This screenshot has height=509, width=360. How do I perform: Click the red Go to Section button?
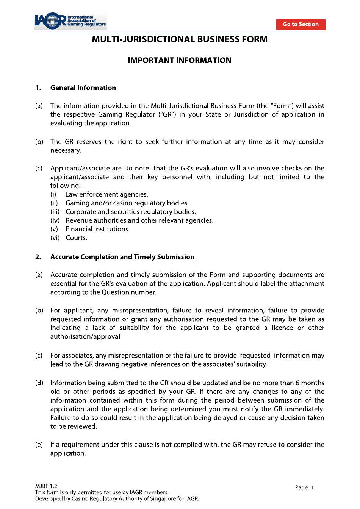click(301, 24)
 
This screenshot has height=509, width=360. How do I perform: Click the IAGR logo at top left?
click(70, 21)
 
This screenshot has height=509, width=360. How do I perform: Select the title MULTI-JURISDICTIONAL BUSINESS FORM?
click(180, 39)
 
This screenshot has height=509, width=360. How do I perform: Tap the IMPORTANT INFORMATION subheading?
click(180, 61)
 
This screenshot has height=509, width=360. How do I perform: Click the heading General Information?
click(83, 88)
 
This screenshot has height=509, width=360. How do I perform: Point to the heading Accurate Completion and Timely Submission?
click(122, 257)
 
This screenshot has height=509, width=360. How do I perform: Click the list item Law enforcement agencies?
click(106, 194)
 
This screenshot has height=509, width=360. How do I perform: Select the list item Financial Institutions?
click(97, 229)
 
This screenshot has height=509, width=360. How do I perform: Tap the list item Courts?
click(76, 238)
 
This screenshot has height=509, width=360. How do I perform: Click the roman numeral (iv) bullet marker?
click(55, 220)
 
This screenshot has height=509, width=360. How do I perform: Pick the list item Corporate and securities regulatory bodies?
click(130, 212)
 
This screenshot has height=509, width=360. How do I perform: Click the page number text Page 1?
click(304, 487)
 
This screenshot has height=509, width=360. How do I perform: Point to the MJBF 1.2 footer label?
click(46, 486)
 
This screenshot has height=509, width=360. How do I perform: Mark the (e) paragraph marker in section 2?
click(39, 445)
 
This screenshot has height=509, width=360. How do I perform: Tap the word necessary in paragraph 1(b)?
click(65, 150)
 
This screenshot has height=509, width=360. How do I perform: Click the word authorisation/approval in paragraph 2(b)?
click(86, 336)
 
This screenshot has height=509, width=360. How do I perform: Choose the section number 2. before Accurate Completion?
click(38, 257)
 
